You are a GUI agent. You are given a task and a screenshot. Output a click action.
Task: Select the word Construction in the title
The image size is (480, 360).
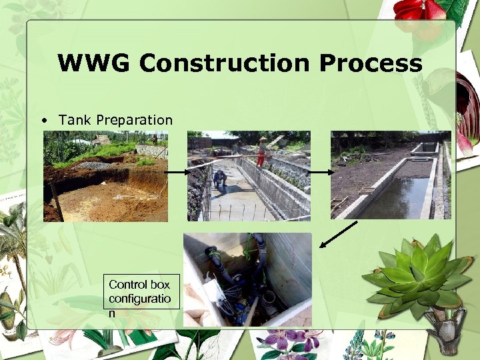coord(225,63)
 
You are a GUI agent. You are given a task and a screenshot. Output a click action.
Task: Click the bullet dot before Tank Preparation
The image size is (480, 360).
coord(43,121)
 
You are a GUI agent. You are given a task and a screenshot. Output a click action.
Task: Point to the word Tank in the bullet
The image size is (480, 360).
coord(75,120)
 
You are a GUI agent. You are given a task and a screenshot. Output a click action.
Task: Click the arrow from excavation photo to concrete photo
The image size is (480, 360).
coord(178,173)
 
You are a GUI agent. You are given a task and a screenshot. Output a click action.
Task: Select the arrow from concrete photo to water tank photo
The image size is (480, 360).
coord(321,173)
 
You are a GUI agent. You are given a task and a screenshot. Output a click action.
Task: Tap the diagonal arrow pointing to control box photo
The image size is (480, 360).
coord(338,234)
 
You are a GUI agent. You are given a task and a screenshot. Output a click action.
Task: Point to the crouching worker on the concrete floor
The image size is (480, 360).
coord(219,179)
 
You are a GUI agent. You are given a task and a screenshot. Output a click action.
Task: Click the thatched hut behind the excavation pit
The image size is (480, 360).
coord(101,140)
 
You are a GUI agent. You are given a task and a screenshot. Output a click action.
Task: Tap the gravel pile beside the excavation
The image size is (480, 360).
coord(94,165)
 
